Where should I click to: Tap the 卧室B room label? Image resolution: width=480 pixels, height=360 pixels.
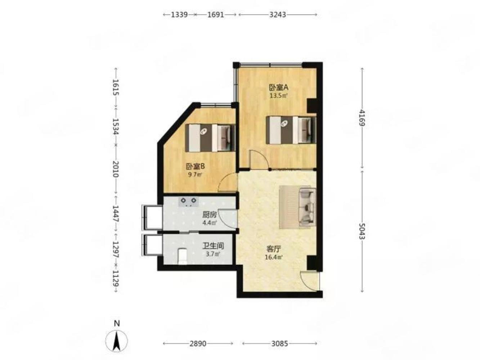(x=195, y=167)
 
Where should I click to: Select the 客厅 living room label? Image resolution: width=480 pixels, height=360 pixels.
(x=273, y=249)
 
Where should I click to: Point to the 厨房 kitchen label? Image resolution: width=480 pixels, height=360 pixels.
(x=209, y=215)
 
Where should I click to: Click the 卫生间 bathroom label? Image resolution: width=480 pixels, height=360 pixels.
(x=213, y=246)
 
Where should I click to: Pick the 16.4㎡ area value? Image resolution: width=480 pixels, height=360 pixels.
(x=274, y=257)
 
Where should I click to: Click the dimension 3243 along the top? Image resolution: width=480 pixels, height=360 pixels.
(x=278, y=15)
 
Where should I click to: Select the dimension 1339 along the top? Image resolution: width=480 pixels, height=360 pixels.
(x=179, y=15)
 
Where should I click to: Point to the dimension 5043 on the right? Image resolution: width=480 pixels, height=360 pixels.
(x=362, y=231)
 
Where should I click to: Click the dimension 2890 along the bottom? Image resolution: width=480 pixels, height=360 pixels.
(x=198, y=344)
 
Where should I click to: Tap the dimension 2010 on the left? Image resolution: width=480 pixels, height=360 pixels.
(x=116, y=169)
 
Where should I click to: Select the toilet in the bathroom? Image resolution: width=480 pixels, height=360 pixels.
(x=182, y=256)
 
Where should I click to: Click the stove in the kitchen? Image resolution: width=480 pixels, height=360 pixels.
(x=188, y=202)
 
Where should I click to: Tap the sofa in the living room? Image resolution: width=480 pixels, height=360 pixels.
(x=307, y=207)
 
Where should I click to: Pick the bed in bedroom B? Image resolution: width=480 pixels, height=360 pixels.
(x=210, y=138)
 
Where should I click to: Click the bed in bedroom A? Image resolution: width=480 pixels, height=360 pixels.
(x=291, y=130)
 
